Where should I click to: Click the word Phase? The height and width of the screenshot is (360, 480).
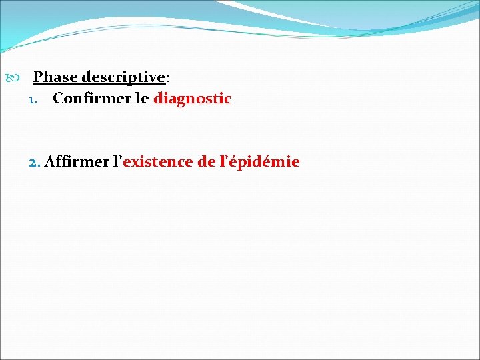(x=55, y=77)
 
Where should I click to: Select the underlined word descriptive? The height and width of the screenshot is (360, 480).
(x=123, y=77)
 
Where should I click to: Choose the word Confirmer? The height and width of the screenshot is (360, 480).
(x=88, y=99)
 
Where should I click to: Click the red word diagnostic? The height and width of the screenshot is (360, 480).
(x=192, y=99)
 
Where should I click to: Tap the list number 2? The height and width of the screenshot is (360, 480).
(x=35, y=162)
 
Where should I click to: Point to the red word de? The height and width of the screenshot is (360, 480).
(x=207, y=161)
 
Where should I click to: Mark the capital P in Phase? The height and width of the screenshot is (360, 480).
(x=39, y=77)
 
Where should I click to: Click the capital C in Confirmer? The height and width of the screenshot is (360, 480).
(x=58, y=99)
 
